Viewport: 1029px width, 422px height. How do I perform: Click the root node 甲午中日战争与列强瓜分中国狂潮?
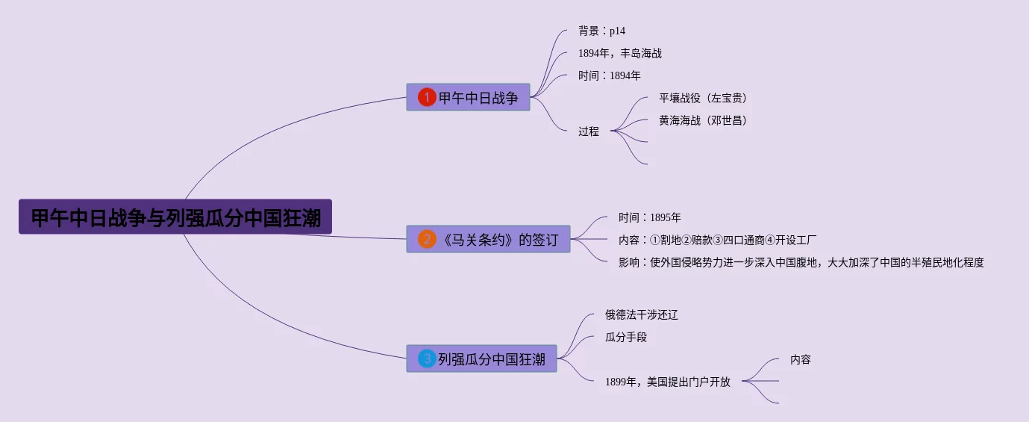coord(175,217)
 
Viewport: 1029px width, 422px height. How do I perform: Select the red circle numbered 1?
coord(426,97)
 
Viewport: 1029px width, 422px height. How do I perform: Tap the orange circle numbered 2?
coord(427,239)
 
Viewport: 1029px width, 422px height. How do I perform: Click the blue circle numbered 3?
coord(427,359)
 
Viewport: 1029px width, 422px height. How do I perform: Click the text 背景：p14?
coord(601,31)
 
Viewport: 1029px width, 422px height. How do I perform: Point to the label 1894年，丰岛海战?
coord(619,53)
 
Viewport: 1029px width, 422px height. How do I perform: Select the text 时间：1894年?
coord(609,75)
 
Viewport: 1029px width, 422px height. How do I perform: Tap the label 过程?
coord(589,131)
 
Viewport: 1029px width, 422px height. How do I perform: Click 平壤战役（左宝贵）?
coord(703,98)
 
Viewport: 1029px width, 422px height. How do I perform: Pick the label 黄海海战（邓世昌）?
coord(703,120)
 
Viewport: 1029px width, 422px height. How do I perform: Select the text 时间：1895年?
coord(649,217)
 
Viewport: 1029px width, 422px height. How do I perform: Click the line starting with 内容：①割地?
coord(717,240)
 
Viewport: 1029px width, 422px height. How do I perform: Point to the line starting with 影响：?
coord(801,262)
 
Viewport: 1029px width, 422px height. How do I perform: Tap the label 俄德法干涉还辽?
coord(641,314)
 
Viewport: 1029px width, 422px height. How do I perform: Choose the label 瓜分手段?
coord(625,337)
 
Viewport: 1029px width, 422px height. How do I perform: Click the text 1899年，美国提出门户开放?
coord(667,382)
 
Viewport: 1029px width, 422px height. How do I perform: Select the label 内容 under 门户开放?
coord(800,359)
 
